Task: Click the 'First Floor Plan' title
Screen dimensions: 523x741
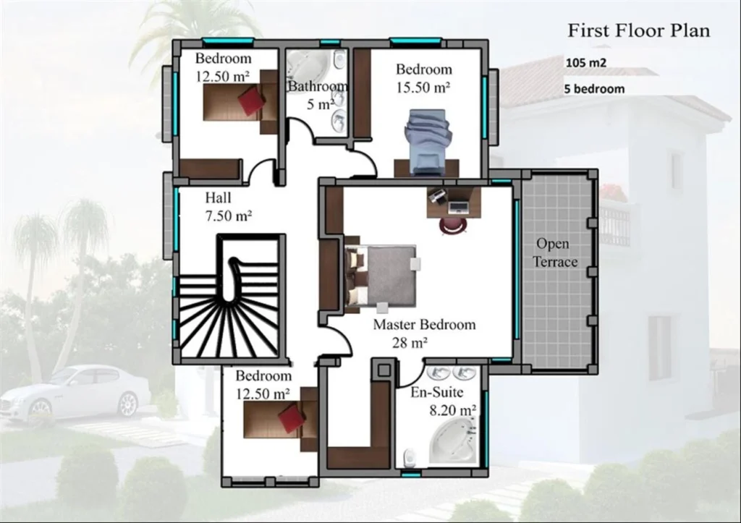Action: pyautogui.click(x=638, y=30)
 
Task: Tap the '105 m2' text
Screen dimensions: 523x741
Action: pyautogui.click(x=586, y=63)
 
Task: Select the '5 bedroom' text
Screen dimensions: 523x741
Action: pyautogui.click(x=594, y=90)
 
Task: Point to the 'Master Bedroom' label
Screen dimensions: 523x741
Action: pyautogui.click(x=424, y=324)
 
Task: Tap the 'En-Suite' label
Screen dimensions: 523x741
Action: pyautogui.click(x=437, y=394)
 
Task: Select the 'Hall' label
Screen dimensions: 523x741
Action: pyautogui.click(x=219, y=197)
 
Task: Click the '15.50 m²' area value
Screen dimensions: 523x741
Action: pyautogui.click(x=423, y=87)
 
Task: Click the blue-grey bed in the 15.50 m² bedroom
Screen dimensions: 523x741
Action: pyautogui.click(x=427, y=140)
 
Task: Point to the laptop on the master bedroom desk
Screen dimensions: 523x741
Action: pyautogui.click(x=458, y=207)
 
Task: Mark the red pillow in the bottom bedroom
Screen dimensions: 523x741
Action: pyautogui.click(x=292, y=417)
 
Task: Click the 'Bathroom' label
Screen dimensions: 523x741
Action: pyautogui.click(x=317, y=86)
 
